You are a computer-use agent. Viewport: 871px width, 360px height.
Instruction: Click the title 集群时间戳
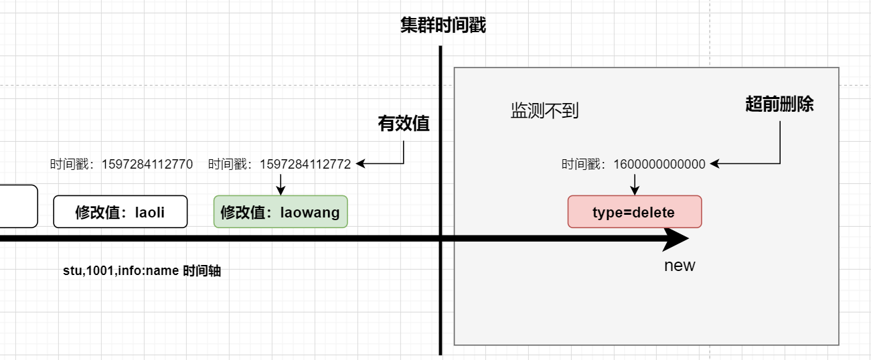(x=443, y=25)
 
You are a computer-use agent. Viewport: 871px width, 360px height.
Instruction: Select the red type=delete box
(x=634, y=212)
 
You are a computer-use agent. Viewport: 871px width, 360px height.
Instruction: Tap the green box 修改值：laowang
(x=281, y=212)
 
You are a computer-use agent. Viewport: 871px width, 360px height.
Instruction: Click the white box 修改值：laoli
(x=121, y=212)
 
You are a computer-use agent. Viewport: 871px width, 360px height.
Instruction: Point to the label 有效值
(x=404, y=124)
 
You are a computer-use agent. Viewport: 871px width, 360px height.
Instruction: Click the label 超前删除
(x=779, y=104)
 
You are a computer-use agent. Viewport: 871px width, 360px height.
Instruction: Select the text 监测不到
(x=544, y=111)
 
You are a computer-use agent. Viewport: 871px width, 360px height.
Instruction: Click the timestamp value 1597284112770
(x=147, y=164)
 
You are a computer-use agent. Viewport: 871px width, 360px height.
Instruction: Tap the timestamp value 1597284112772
(x=305, y=164)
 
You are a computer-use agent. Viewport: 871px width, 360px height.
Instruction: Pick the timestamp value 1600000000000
(x=659, y=164)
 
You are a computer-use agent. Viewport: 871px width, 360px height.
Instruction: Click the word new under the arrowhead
(x=680, y=266)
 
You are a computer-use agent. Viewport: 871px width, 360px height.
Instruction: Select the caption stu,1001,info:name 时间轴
(x=142, y=272)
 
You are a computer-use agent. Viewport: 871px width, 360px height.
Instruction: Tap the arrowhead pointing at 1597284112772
(x=360, y=163)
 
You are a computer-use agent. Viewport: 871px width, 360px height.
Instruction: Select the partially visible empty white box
(x=18, y=206)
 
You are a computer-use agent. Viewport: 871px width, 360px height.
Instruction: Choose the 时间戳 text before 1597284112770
(x=72, y=164)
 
